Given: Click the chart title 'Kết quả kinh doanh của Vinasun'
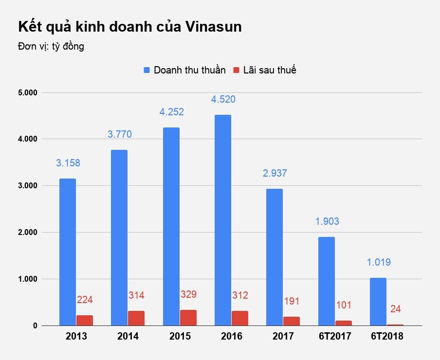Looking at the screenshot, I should point(129,27).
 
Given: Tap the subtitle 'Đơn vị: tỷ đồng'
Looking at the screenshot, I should point(51,47).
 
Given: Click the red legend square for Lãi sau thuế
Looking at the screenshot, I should point(237,70).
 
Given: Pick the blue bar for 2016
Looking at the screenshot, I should point(223,220).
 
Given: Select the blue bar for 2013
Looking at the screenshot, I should point(68,252).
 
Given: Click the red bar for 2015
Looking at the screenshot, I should point(188,318).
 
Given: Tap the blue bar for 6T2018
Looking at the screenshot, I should point(378,302).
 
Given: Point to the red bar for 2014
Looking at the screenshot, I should point(136,318).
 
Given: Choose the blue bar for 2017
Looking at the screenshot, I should point(275,257).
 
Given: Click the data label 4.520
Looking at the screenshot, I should point(223,100).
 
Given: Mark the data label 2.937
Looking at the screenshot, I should point(275,173).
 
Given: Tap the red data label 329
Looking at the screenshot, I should point(188,295).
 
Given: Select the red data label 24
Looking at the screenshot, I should point(396,309).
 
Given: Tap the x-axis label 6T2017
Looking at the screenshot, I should point(334,337).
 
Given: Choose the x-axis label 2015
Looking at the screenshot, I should point(180,337).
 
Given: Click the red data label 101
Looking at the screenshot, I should point(344,306).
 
